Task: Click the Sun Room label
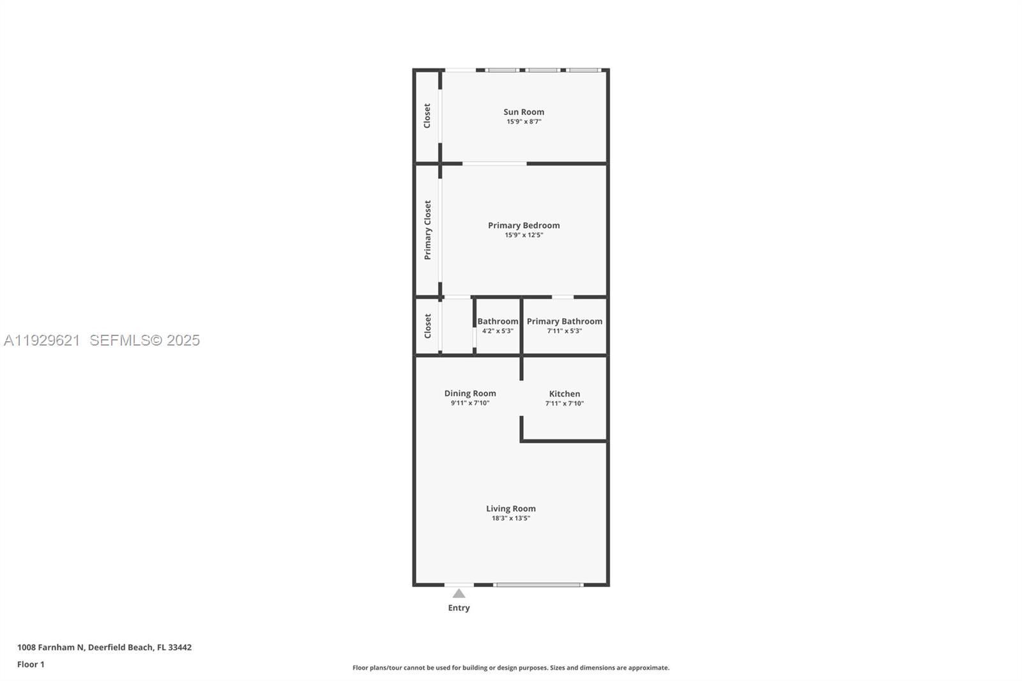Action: (524, 112)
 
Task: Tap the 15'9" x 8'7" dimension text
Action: (524, 121)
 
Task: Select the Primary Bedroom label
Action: (524, 226)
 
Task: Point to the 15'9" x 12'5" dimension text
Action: (524, 235)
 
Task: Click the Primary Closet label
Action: (427, 230)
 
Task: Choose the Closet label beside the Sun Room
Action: (427, 116)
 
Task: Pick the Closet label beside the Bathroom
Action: (427, 326)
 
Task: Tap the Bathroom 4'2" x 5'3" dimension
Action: (498, 331)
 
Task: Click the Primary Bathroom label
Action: (564, 321)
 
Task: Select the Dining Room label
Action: (470, 394)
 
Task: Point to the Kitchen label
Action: (565, 394)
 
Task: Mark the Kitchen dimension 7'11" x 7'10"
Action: (565, 404)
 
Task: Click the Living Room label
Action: (511, 509)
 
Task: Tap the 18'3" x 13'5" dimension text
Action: (511, 518)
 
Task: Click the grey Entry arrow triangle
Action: (459, 593)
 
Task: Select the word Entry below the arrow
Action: (459, 608)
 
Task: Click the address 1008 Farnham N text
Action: (51, 647)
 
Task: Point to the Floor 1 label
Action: (31, 664)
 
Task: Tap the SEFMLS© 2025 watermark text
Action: (144, 340)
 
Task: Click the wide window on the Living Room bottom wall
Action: (538, 585)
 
